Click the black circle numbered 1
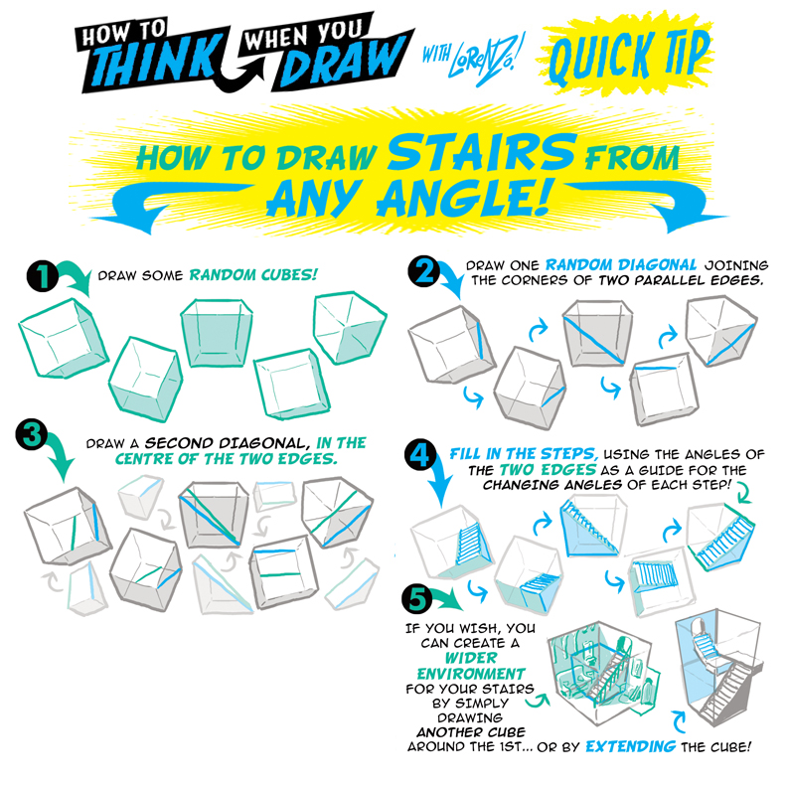43,275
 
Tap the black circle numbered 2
424,271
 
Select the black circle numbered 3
32,434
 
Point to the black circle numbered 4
420,456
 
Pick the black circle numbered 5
418,599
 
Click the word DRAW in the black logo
341,62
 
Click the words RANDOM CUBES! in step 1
253,275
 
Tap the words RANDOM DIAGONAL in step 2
621,265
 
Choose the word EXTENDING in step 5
630,746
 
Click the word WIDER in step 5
471,658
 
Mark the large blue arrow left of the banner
166,204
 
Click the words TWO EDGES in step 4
549,470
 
